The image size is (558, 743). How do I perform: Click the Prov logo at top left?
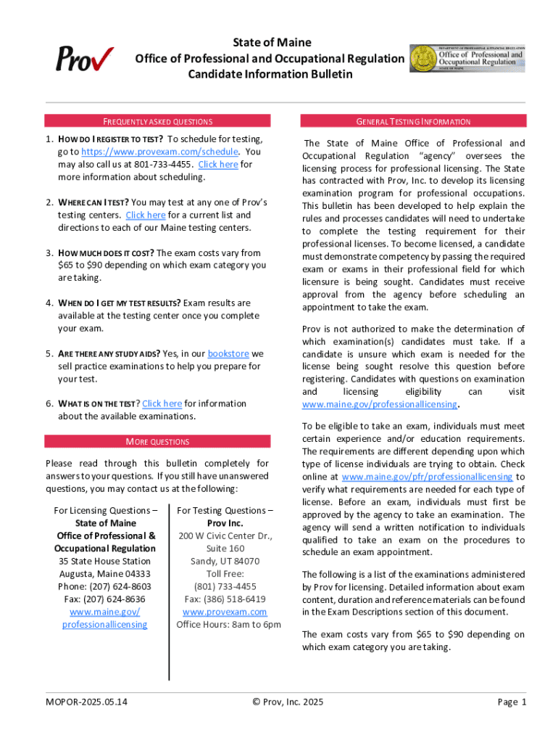click(85, 58)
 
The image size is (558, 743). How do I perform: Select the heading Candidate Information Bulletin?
click(270, 74)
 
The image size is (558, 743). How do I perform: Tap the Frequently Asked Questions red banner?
click(157, 122)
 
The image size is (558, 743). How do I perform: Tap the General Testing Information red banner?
click(413, 122)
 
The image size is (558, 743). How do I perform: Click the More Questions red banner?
click(157, 441)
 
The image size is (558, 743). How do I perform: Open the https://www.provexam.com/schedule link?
click(159, 152)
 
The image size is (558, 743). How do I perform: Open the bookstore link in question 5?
click(228, 354)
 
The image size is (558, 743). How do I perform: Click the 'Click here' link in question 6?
click(162, 403)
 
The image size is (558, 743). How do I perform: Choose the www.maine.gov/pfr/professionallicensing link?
click(427, 477)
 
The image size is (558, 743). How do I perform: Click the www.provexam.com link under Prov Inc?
click(225, 612)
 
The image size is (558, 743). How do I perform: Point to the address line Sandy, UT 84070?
click(225, 562)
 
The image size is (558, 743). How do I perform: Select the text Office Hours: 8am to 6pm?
click(228, 625)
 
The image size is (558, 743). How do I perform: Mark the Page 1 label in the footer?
click(512, 702)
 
